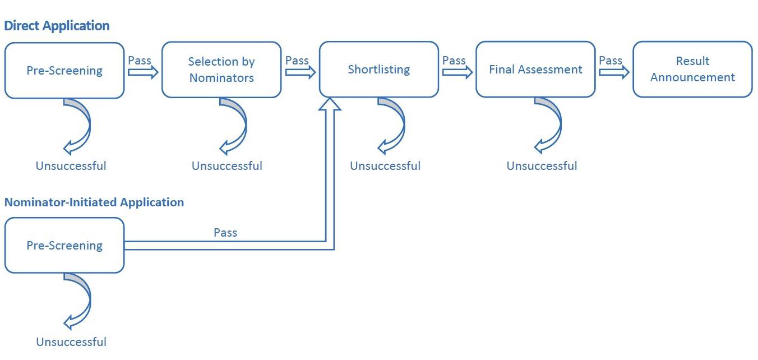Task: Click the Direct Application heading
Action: tap(57, 26)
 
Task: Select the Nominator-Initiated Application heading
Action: tap(94, 202)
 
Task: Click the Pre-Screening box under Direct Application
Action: tap(64, 71)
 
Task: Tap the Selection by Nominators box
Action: tap(221, 70)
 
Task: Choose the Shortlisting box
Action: tap(379, 70)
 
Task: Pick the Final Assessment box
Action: tap(535, 70)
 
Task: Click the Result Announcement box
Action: tap(692, 70)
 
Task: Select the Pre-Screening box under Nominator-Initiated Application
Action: tap(64, 246)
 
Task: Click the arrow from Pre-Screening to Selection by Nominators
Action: tap(143, 72)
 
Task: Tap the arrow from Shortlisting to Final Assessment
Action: tap(457, 72)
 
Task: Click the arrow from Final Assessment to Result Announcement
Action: tap(614, 72)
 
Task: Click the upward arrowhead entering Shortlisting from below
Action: tap(330, 104)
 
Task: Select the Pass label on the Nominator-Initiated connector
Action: tap(225, 232)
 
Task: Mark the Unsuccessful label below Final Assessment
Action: tap(542, 166)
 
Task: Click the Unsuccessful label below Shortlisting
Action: tap(385, 166)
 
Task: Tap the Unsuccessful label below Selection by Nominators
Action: tap(227, 166)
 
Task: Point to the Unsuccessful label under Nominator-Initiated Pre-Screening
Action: tap(71, 342)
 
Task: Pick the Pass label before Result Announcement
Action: tap(611, 60)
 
